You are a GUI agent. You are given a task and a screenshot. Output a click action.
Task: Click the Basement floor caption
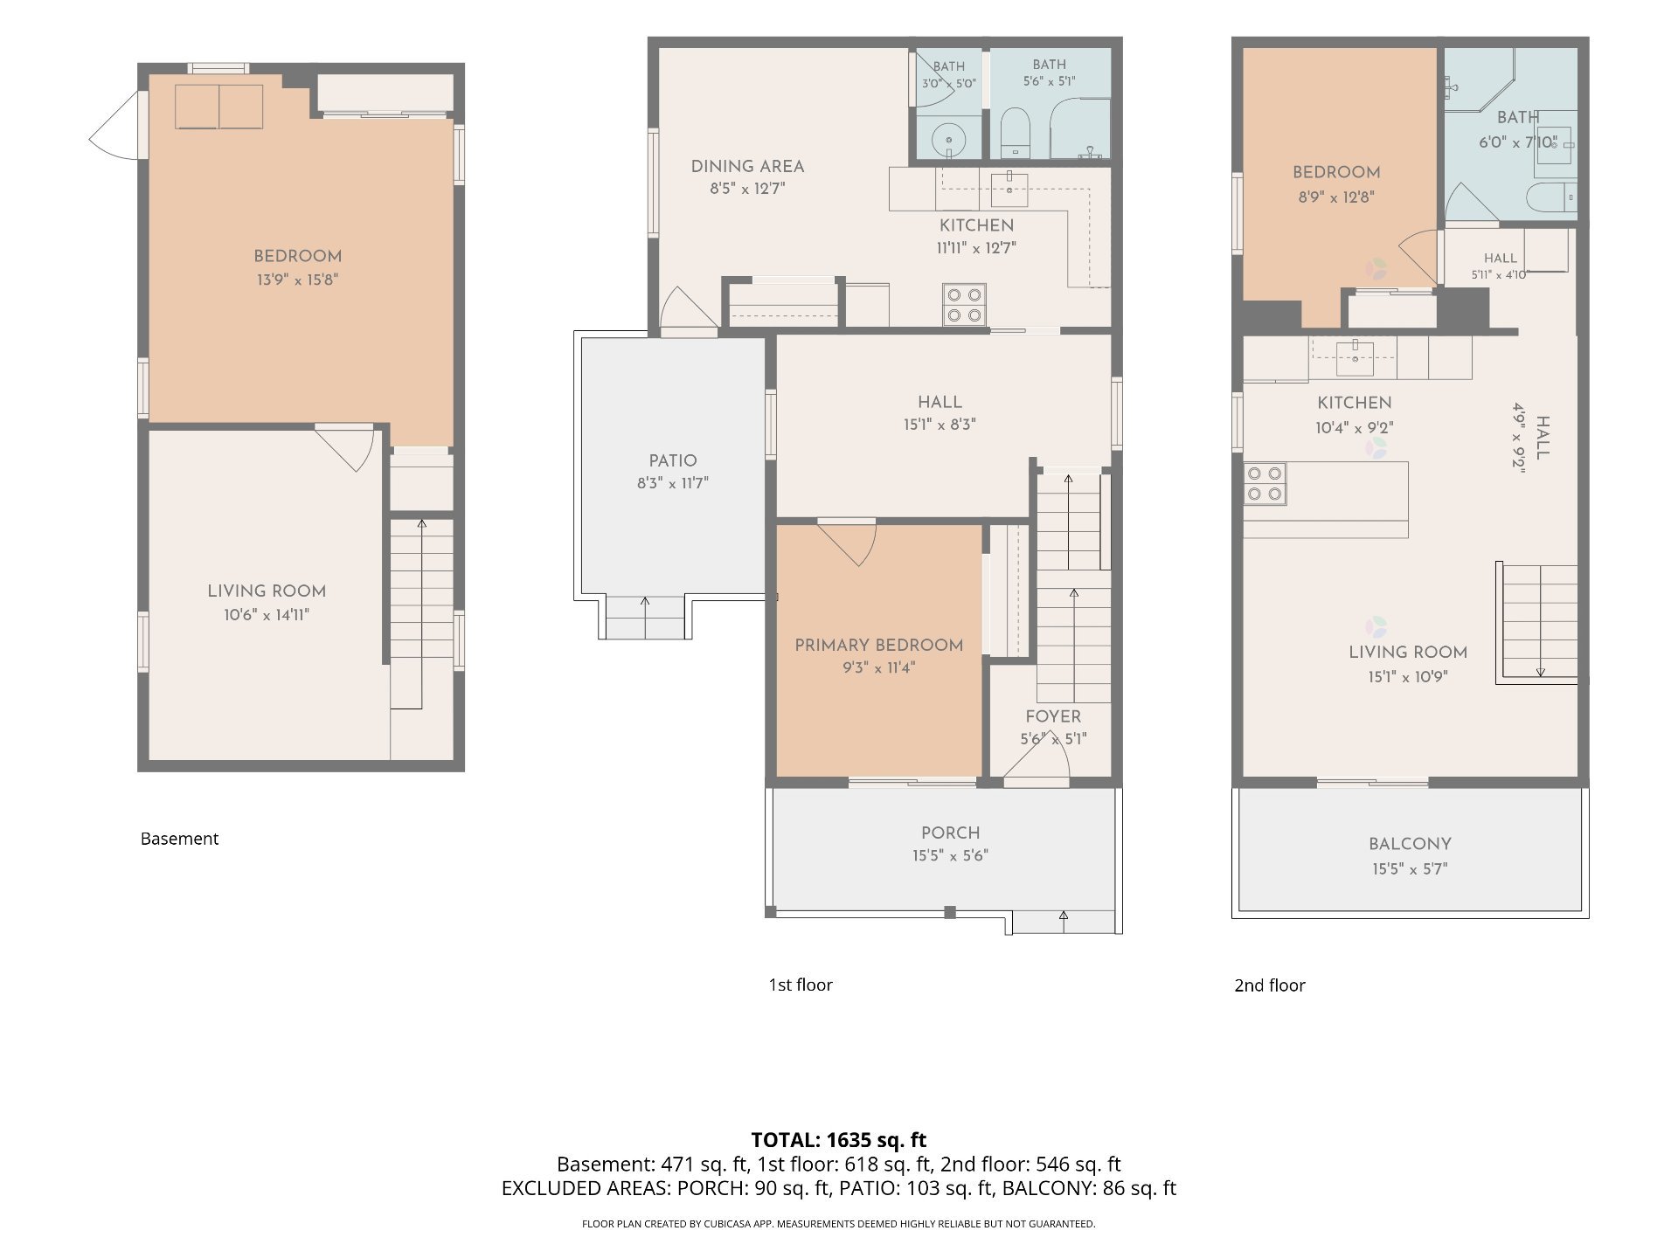pos(179,839)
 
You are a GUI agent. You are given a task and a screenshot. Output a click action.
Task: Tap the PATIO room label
pos(673,460)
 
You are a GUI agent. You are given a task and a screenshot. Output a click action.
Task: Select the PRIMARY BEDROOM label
pos(878,645)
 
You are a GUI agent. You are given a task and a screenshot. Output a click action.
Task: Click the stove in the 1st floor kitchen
pos(964,305)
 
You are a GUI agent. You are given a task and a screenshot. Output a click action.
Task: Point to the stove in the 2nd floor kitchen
pos(1265,484)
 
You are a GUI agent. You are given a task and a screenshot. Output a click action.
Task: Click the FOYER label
pos(1053,716)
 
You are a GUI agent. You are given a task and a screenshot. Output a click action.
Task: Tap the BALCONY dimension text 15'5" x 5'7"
pos(1410,868)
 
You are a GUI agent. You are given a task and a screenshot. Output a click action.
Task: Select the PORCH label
pos(951,833)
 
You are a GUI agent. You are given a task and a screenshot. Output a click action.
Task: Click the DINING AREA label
pos(747,166)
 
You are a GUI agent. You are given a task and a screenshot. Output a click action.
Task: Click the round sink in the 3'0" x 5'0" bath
pos(948,139)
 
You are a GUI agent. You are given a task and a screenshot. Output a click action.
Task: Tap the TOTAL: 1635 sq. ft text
pos(839,1139)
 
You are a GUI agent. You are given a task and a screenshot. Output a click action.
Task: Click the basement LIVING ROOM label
pos(267,591)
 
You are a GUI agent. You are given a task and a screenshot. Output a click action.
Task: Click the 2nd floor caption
pos(1270,985)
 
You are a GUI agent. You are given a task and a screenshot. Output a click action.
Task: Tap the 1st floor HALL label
pos(940,402)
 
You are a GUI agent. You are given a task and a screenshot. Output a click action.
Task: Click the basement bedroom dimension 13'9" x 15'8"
pos(297,280)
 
